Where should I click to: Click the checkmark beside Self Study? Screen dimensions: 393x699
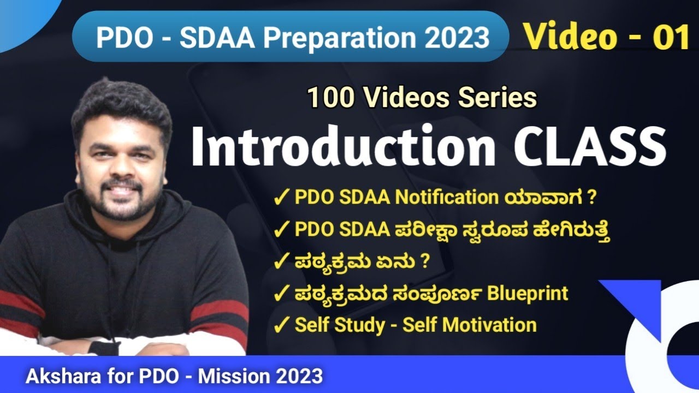(x=281, y=326)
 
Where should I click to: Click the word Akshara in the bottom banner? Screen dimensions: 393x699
(x=57, y=377)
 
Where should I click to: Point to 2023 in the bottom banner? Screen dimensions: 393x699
(x=298, y=377)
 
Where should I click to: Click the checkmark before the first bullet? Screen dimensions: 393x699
(x=281, y=198)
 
